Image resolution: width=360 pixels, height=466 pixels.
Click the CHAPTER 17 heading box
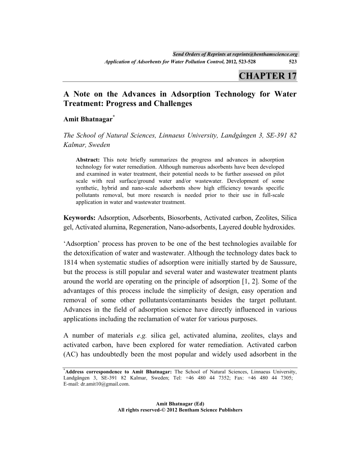pyautogui.click(x=267, y=75)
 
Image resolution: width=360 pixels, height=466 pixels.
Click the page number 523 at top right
pyautogui.click(x=292, y=62)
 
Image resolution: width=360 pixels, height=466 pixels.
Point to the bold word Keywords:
pyautogui.click(x=79, y=218)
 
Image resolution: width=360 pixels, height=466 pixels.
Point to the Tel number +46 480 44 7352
pyautogui.click(x=207, y=378)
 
